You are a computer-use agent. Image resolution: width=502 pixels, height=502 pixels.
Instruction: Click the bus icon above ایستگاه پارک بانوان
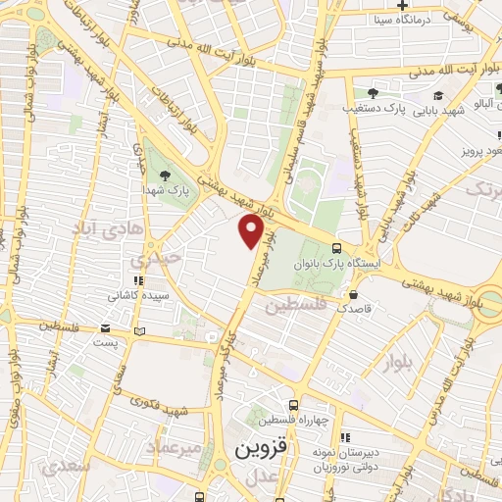click(337, 248)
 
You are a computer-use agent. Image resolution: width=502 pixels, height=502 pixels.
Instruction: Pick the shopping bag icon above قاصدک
click(353, 293)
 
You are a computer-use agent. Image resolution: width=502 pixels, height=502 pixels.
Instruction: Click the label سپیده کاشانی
click(139, 294)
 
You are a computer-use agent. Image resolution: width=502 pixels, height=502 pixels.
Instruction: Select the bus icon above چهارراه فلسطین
click(293, 405)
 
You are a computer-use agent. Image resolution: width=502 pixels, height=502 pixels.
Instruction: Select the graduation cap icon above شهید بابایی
click(440, 95)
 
